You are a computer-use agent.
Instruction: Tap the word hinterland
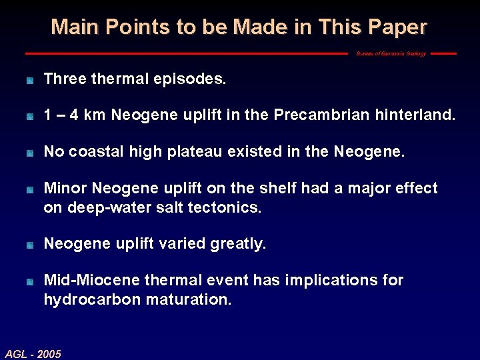(x=417, y=116)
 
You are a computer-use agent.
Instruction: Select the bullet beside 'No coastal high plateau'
(x=29, y=153)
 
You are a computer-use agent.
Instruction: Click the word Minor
(x=66, y=189)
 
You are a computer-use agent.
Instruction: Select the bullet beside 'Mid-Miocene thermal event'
(x=29, y=281)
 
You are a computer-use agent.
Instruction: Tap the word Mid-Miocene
(x=87, y=281)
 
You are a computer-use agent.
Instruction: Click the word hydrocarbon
(x=93, y=299)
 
